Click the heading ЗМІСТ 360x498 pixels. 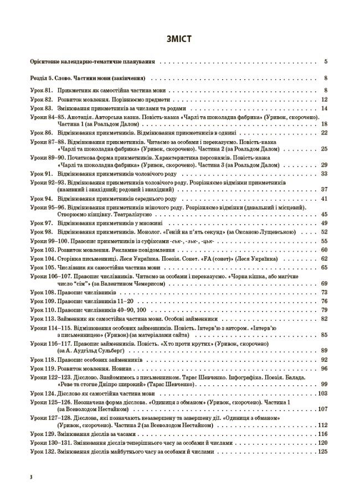tap(179, 39)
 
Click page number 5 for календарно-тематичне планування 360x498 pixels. tap(326, 62)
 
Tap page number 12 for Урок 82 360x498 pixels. tap(325, 100)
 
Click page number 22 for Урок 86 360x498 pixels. tap(325, 133)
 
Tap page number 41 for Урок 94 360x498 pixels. tap(325, 199)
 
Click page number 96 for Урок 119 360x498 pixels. tap(325, 369)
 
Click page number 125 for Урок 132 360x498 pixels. tap(323, 452)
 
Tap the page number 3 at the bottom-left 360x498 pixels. tap(32, 476)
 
